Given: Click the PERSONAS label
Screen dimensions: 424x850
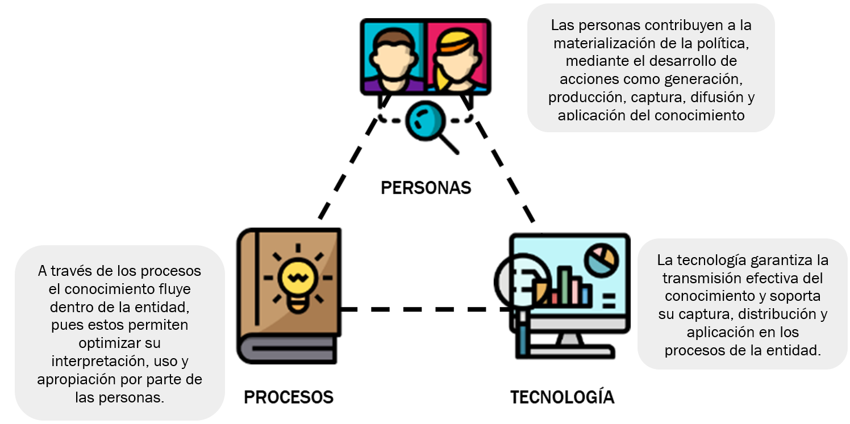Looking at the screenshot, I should [426, 188].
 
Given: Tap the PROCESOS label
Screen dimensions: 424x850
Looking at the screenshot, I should [289, 397].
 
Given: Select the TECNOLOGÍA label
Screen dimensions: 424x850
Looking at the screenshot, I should [562, 397].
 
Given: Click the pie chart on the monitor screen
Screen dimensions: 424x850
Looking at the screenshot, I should [602, 259].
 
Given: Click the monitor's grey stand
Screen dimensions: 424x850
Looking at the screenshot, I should [568, 340].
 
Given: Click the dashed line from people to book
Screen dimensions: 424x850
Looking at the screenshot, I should [348, 170].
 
